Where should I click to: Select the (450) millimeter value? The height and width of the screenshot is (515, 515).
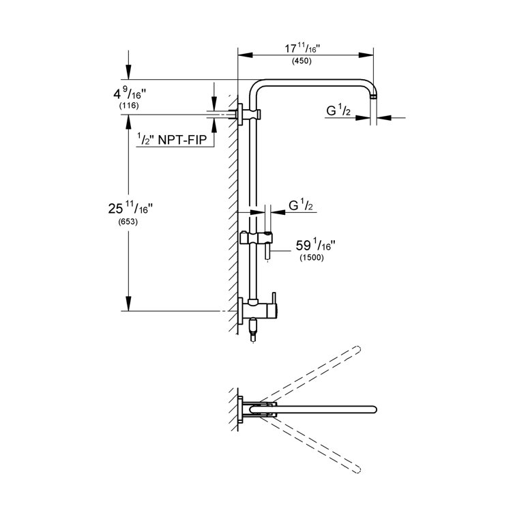301,61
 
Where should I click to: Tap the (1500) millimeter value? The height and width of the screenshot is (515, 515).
310,258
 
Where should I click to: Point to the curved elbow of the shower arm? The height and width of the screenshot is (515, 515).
258,87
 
